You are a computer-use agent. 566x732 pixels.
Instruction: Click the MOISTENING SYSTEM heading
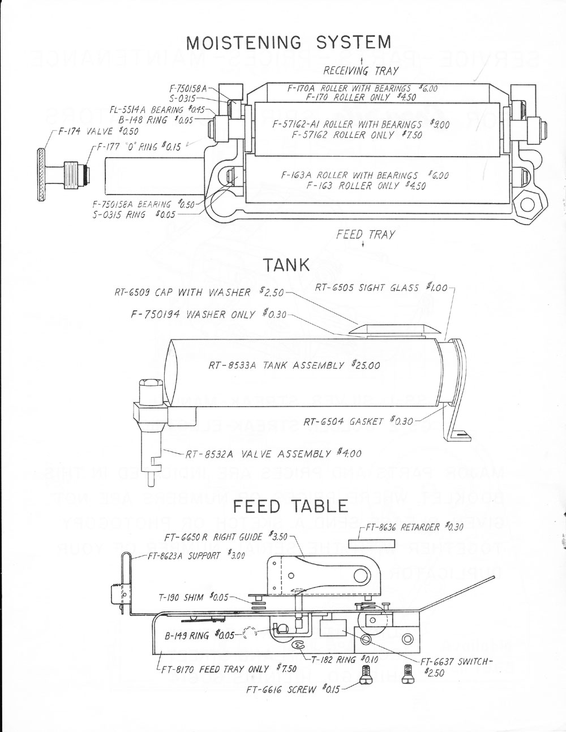[x=288, y=42]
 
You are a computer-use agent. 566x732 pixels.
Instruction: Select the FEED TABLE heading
[x=290, y=505]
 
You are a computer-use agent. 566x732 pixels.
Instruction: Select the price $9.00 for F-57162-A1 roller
[x=438, y=124]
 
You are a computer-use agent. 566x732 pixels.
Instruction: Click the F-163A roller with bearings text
[x=349, y=175]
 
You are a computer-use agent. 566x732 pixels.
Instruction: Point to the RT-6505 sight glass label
[x=373, y=287]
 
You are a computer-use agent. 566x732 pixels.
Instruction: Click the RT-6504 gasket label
[x=351, y=421]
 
